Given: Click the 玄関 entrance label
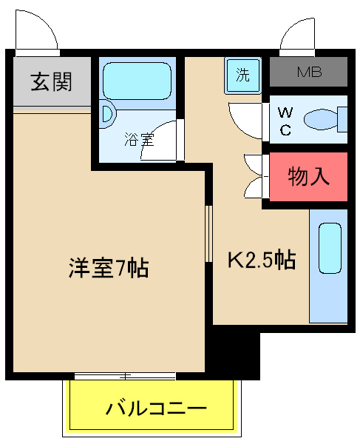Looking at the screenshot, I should pos(51,81).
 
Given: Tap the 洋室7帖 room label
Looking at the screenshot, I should pos(109,267).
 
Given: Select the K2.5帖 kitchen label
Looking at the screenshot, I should pos(261,260).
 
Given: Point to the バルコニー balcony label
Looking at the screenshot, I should pos(155,407).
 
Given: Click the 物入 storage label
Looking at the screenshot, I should pos(308,177).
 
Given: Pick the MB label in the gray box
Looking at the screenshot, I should pos(308,73).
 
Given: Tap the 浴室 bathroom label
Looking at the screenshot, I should pos(138,138).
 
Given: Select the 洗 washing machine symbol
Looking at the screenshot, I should pos(242,74).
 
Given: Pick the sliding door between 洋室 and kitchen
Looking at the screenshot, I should pos(208,232).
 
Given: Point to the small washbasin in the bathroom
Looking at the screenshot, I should pos(106,115).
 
